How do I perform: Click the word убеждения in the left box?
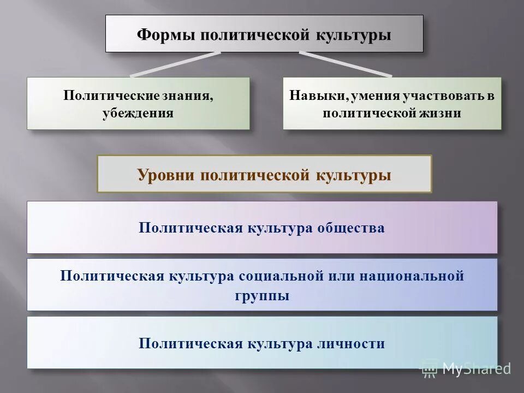[x=138, y=114]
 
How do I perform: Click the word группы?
[x=263, y=296]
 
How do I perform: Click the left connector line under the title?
[x=175, y=64]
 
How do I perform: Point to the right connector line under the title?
[x=345, y=64]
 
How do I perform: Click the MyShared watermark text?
[x=476, y=369]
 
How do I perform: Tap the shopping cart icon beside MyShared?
[x=430, y=370]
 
